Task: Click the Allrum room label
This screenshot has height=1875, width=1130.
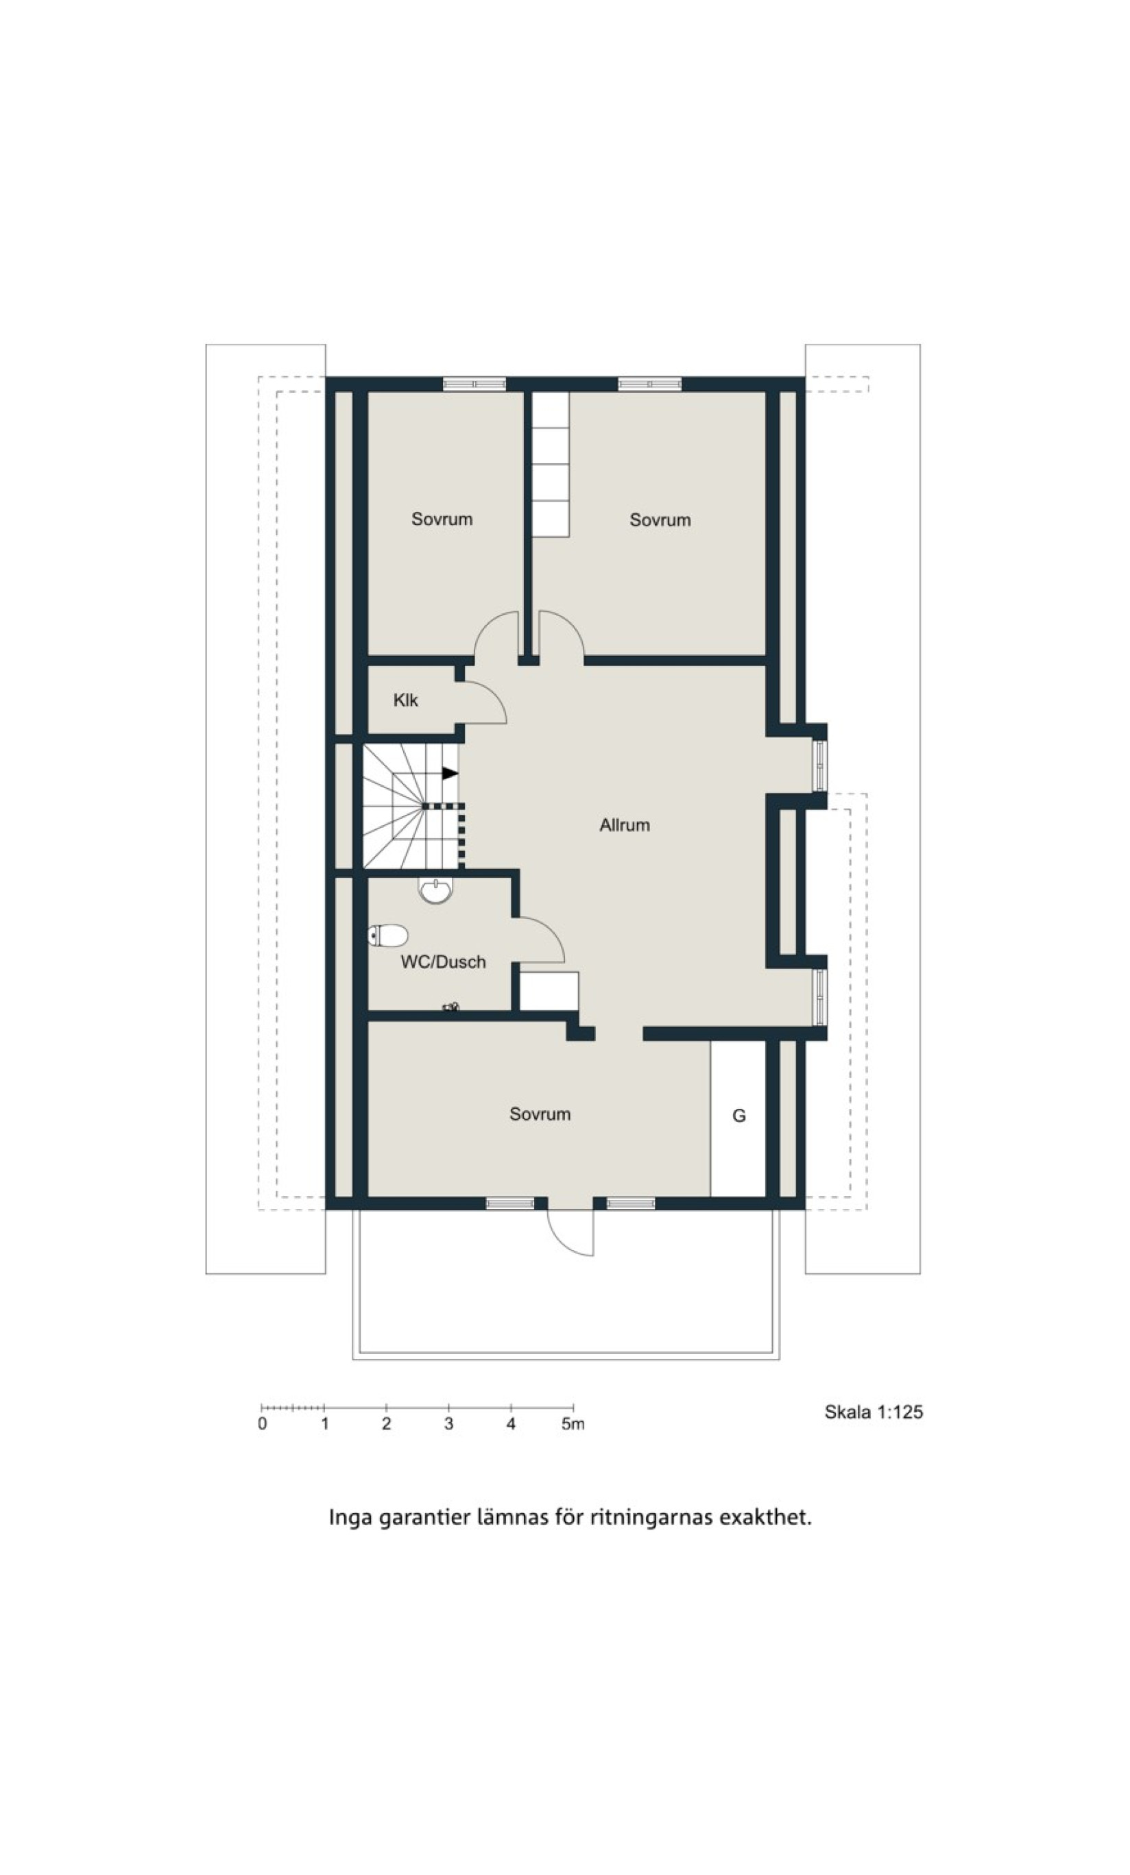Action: click(625, 825)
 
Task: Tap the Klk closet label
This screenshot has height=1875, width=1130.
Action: click(405, 700)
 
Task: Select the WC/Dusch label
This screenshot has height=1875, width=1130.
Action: click(443, 962)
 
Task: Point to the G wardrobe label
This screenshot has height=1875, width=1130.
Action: click(738, 1116)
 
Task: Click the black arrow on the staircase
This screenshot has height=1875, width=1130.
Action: click(450, 773)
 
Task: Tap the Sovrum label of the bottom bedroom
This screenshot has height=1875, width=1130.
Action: click(540, 1114)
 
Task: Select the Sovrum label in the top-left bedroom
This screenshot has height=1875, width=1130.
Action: click(442, 519)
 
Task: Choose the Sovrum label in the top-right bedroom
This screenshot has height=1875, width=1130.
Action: click(660, 519)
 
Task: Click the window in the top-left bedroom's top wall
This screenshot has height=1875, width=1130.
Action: click(474, 384)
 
